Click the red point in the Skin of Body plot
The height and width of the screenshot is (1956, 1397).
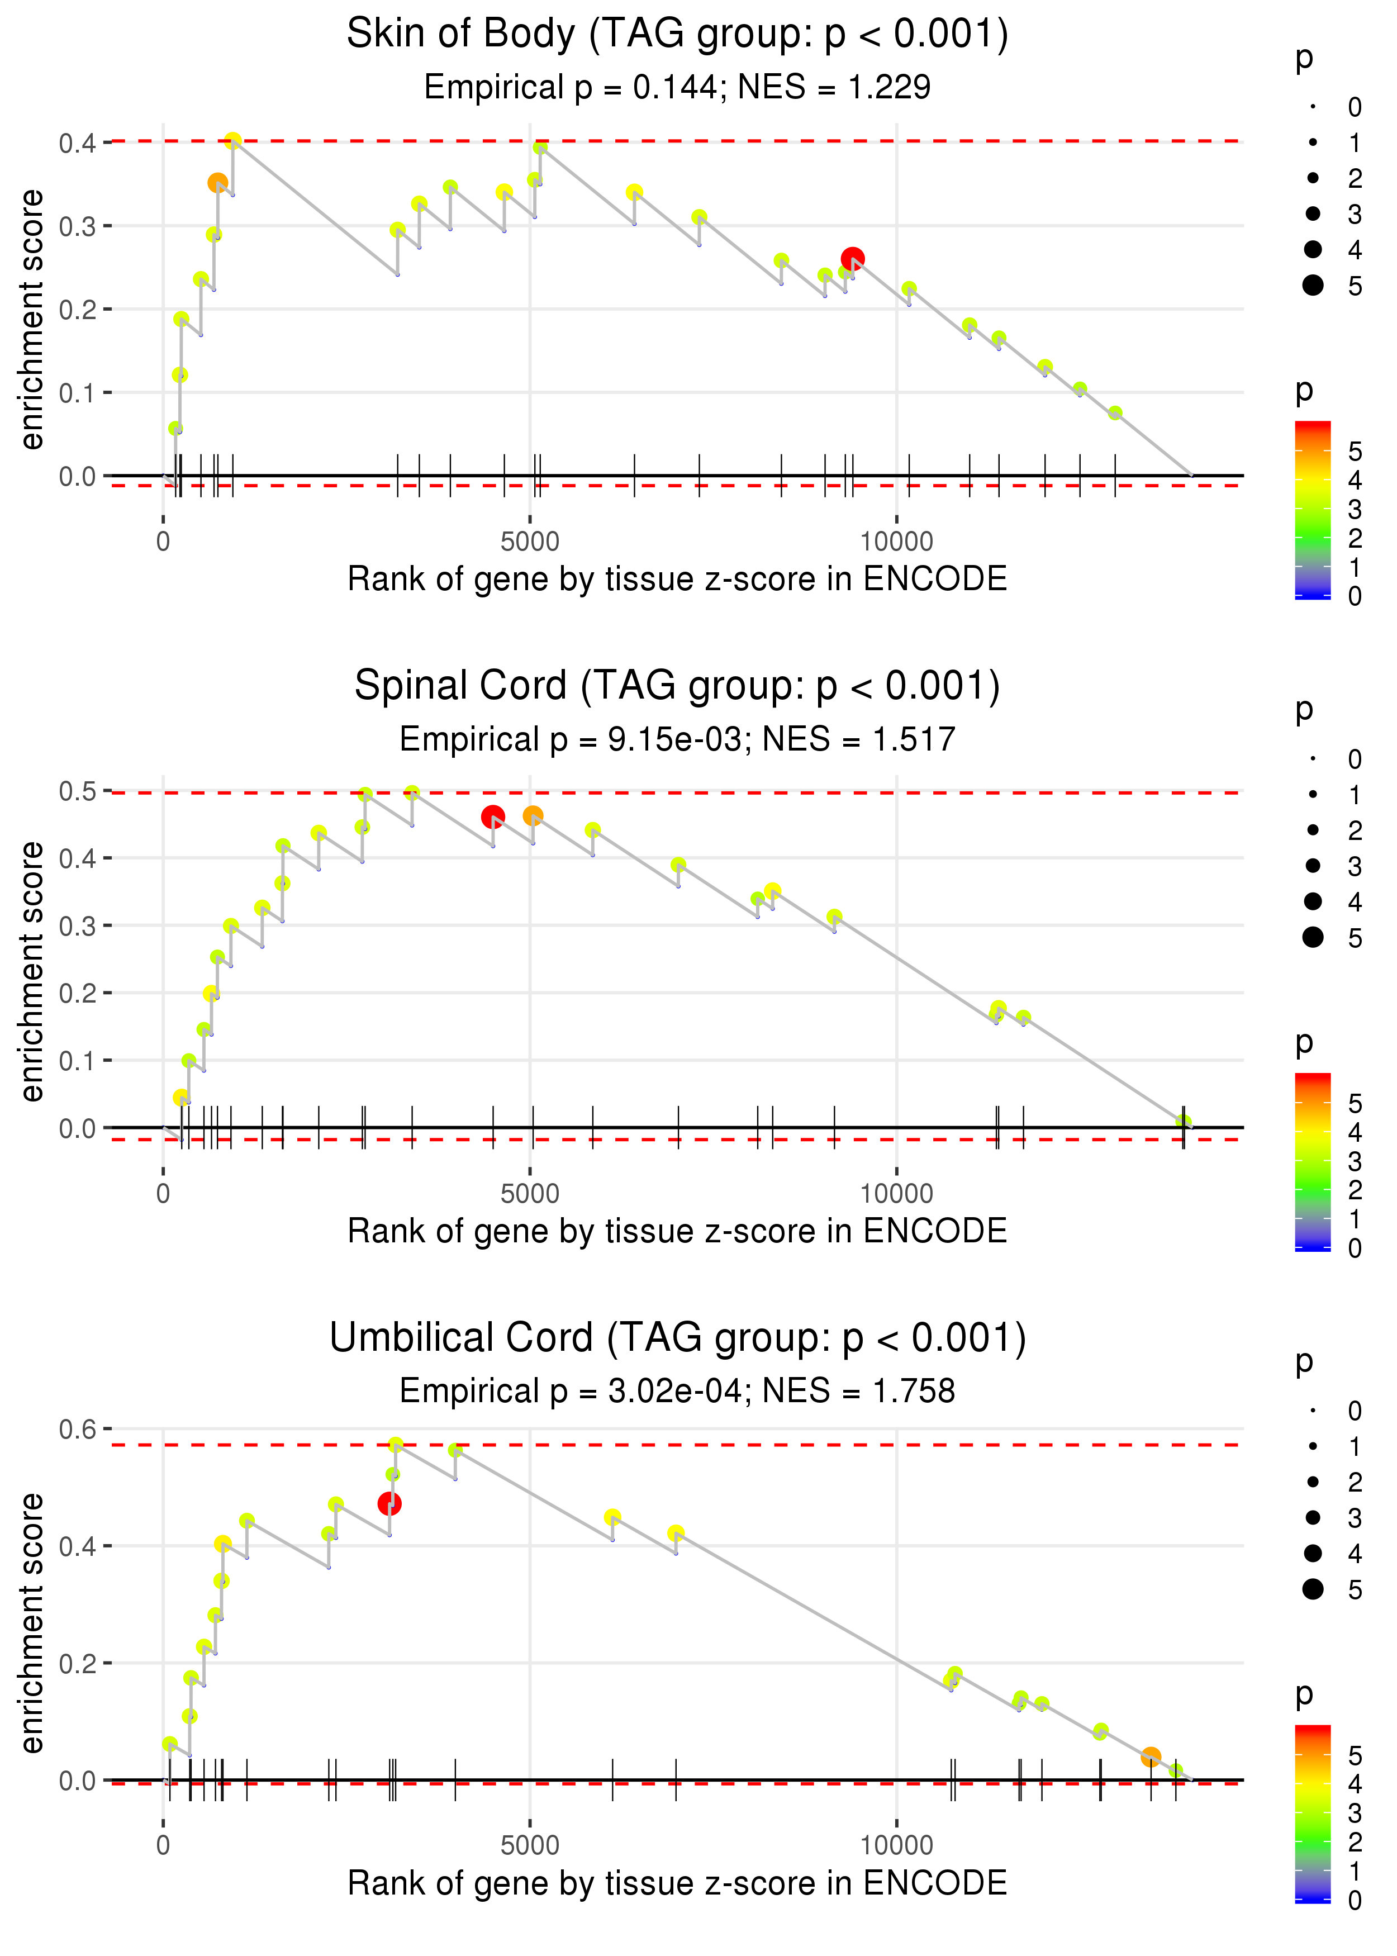pos(852,258)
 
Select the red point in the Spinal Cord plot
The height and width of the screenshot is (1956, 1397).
pos(493,816)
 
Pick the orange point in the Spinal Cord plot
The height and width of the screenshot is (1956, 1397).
pos(533,815)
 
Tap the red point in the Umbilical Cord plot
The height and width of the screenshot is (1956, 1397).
pos(389,1503)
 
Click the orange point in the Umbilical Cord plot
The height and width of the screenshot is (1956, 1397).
pos(1151,1756)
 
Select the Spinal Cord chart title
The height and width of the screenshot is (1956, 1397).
pos(677,686)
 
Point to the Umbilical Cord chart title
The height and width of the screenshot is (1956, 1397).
pos(677,1338)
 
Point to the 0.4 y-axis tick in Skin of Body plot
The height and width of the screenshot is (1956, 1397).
pos(78,143)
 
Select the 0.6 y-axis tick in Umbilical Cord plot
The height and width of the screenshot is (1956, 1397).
pos(78,1430)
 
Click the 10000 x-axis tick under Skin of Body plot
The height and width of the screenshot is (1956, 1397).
pos(896,542)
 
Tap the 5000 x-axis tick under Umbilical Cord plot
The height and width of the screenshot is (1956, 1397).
pos(530,1846)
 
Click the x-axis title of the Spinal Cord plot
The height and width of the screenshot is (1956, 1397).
pos(677,1232)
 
